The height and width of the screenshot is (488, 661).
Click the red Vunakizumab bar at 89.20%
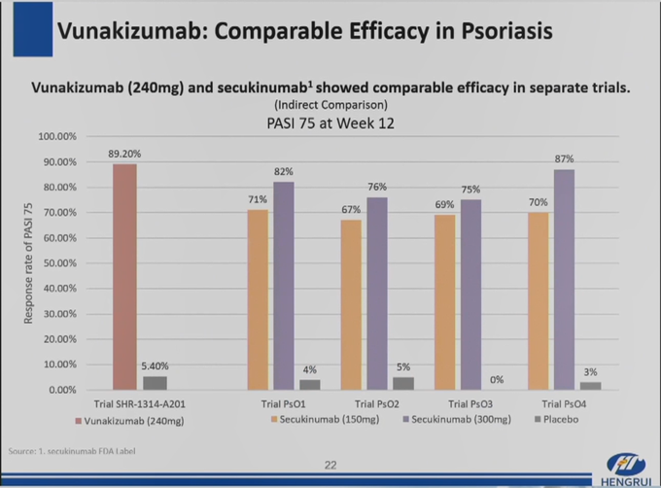[x=124, y=276]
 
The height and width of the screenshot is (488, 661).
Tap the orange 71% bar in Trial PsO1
[x=257, y=298]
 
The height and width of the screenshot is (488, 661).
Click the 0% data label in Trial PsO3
[x=497, y=379]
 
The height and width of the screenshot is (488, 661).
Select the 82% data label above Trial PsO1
[x=283, y=172]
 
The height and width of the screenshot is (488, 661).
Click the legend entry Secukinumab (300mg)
[x=451, y=420]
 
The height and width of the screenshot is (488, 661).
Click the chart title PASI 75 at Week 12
[x=330, y=123]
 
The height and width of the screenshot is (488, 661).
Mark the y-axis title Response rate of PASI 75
[x=29, y=262]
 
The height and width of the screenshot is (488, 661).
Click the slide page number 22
[x=330, y=465]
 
